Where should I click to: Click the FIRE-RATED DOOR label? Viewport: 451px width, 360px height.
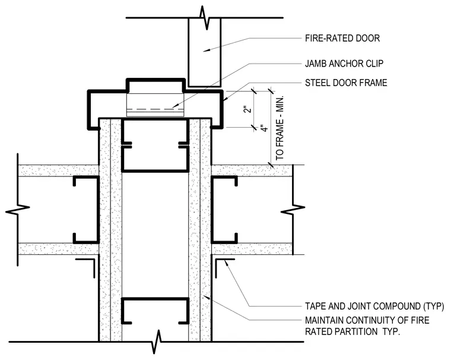(342, 38)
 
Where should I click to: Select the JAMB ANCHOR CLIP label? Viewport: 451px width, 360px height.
(344, 64)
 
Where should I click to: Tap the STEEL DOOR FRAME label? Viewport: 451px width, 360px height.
(346, 83)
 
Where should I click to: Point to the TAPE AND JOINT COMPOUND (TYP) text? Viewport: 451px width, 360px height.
(374, 306)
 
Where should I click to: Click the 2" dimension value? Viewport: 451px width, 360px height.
(248, 110)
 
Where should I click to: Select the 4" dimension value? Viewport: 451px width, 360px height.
(264, 128)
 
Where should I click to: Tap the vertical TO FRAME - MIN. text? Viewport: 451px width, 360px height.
(280, 128)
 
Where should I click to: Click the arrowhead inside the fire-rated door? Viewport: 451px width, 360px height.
(207, 50)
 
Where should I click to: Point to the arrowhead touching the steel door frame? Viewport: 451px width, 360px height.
(225, 98)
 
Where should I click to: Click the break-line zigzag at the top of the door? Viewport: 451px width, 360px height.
(205, 17)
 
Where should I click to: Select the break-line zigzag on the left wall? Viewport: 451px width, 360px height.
(18, 209)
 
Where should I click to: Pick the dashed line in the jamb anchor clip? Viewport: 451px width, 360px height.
(155, 109)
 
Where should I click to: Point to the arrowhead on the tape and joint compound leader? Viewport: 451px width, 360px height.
(225, 262)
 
